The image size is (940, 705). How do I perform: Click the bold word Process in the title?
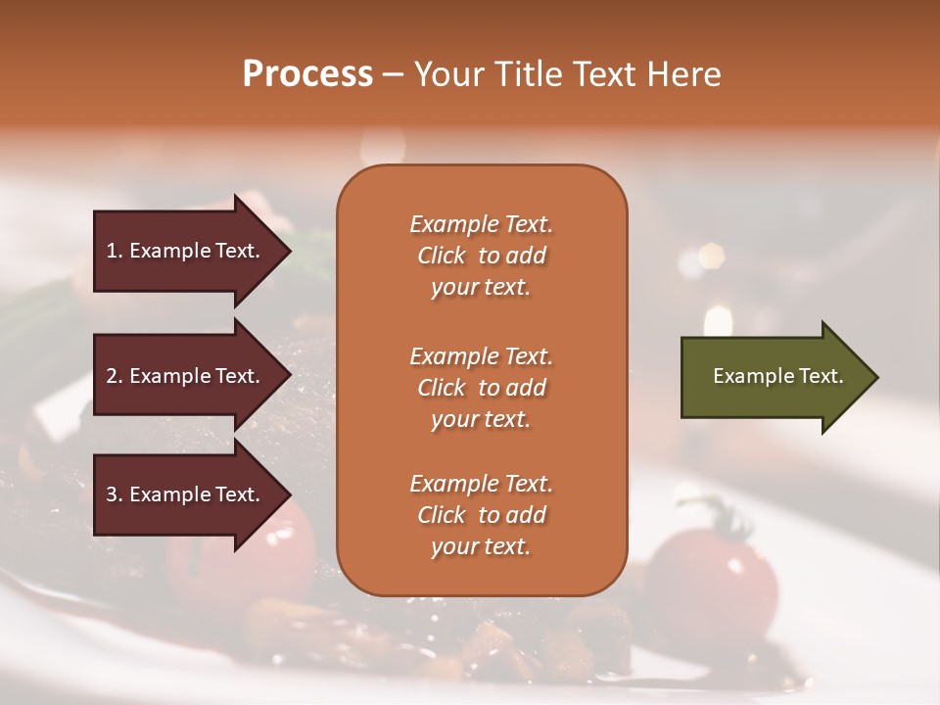point(307,74)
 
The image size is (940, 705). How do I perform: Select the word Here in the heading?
point(681,74)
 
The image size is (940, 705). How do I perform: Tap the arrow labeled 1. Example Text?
point(186,251)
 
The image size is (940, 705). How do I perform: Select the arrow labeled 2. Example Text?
point(186,376)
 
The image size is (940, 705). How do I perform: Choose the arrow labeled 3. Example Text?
point(186,494)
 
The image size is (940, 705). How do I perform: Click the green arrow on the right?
point(774,377)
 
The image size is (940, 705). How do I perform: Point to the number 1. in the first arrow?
point(115,251)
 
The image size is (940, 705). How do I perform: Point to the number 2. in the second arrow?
point(115,376)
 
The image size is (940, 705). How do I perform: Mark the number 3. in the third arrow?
point(115,494)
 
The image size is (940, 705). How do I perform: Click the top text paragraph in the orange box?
point(481,256)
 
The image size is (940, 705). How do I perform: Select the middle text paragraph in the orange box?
point(481,388)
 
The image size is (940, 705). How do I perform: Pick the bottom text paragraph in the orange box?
point(481,515)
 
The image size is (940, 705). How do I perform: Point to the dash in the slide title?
point(393,74)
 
